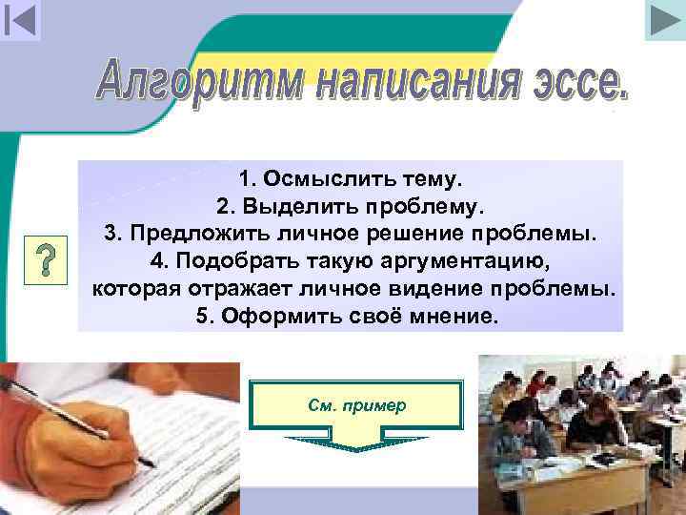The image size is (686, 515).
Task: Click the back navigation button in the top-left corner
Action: coord(20,20)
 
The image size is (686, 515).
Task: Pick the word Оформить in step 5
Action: coord(272,316)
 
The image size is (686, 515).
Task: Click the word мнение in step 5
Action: coord(450,316)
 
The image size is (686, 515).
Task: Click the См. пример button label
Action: coord(356,404)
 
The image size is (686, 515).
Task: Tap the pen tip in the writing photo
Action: coord(151,464)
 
